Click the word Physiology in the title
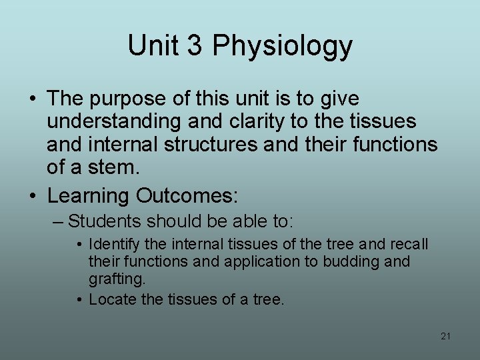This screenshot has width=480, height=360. point(283,47)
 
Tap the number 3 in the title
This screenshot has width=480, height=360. point(194,45)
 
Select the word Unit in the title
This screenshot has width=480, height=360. point(154,45)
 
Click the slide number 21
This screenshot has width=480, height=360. point(445,336)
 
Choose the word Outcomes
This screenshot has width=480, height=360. point(186,196)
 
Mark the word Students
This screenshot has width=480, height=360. point(105,221)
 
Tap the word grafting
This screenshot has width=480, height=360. point(116,279)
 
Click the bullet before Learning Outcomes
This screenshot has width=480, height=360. point(33,197)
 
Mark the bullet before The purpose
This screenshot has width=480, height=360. point(33,99)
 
